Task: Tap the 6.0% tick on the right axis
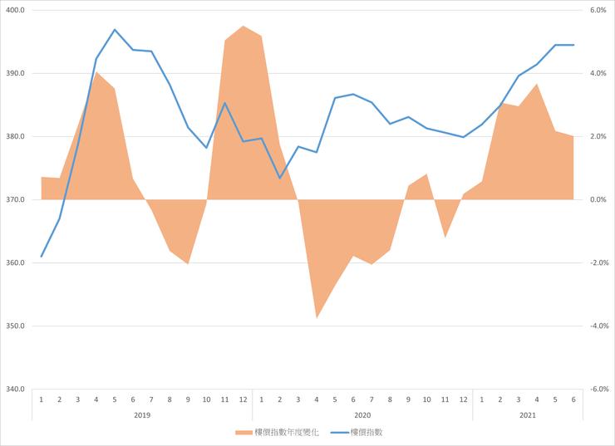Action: [x=599, y=10]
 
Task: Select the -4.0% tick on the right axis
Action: [x=599, y=326]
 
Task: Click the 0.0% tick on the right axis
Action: [x=599, y=199]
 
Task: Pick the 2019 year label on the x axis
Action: [x=142, y=414]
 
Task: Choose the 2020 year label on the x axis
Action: [x=362, y=414]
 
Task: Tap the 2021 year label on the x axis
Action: [x=527, y=414]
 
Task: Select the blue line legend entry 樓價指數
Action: [x=367, y=432]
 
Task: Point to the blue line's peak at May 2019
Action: [x=115, y=29]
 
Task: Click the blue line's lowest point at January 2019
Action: [x=42, y=257]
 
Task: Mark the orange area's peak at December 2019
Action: [x=243, y=26]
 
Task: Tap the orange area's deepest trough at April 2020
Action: [x=317, y=317]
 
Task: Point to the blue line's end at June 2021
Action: [x=573, y=45]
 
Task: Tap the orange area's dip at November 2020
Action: [x=445, y=238]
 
